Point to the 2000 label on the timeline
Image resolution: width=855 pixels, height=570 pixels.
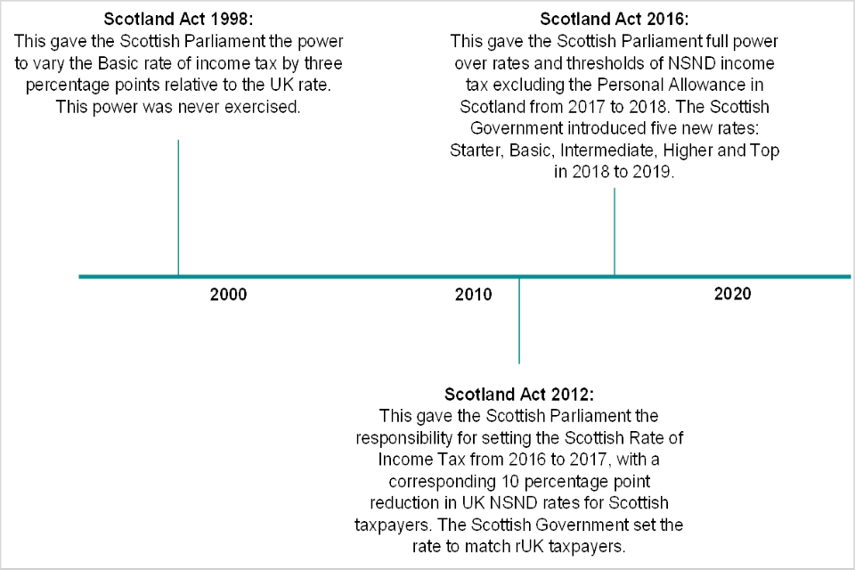click(x=228, y=295)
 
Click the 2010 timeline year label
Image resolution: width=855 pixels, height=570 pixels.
click(x=473, y=295)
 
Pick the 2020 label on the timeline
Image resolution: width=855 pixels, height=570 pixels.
click(x=732, y=295)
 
